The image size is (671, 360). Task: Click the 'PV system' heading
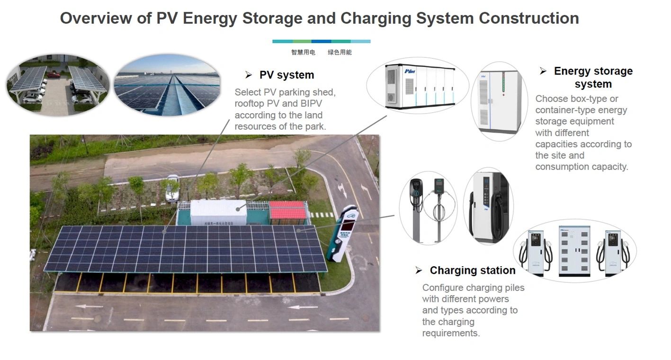click(x=286, y=75)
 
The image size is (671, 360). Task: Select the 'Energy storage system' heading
click(x=593, y=78)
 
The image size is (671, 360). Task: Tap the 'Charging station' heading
click(x=472, y=270)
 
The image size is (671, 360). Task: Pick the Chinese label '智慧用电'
click(x=303, y=53)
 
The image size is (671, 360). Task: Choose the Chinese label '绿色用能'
click(x=340, y=53)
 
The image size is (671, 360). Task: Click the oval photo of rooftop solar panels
click(x=167, y=85)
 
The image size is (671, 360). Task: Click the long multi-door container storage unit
click(x=418, y=87)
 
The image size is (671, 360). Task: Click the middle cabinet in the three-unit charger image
click(x=574, y=251)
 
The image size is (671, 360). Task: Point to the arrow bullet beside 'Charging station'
click(x=419, y=270)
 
